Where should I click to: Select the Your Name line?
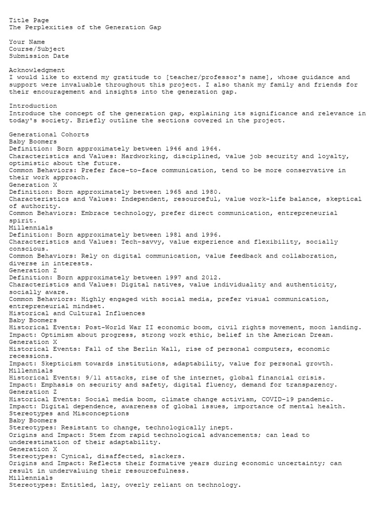pyautogui.click(x=27, y=42)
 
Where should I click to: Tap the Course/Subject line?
pyautogui.click(x=37, y=49)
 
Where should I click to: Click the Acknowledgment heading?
pyautogui.click(x=37, y=70)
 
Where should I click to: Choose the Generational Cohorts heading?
pyautogui.click(x=49, y=134)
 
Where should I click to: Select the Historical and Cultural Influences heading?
pyautogui.click(x=77, y=313)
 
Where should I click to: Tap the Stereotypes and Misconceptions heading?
pyautogui.click(x=69, y=414)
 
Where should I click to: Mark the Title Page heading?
pyautogui.click(x=29, y=20)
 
